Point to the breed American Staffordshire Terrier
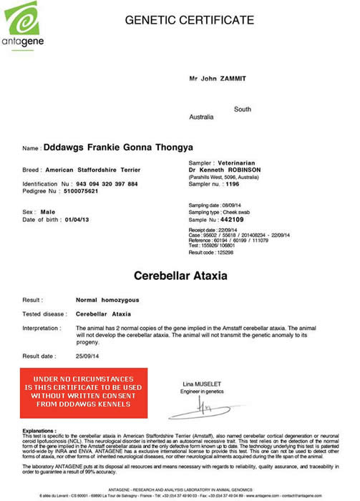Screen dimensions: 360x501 (97, 170)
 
